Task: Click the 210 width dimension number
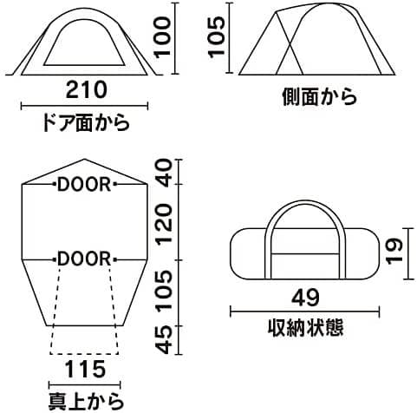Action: pos(87,89)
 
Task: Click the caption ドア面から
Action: pos(86,123)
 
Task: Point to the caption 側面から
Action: pos(319,96)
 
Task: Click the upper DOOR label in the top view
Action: pos(84,184)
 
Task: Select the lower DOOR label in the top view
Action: pos(84,259)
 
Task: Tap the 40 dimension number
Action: pos(163,173)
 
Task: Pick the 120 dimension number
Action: pos(163,223)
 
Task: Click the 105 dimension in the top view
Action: pos(163,293)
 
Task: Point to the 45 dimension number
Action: pos(163,340)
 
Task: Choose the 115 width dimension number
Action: pos(85,370)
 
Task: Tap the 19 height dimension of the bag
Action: pos(394,251)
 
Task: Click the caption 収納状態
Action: pos(305,328)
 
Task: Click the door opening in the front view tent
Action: pos(84,43)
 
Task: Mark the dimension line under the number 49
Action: pos(304,311)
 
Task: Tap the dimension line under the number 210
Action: pos(84,106)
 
